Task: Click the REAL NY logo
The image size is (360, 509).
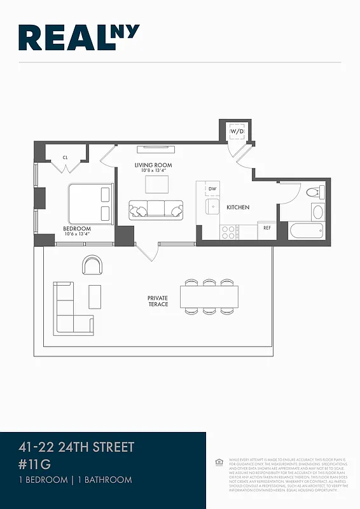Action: coord(80,38)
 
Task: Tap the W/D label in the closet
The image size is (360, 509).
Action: coord(237,131)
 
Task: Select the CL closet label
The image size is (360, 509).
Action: coord(65,157)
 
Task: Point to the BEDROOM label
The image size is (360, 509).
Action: coord(76,229)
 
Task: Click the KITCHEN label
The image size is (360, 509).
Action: coord(239,207)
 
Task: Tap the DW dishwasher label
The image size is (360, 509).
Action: coord(213,188)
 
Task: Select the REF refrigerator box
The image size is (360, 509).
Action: coord(267,228)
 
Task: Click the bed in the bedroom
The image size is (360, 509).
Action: coord(90,203)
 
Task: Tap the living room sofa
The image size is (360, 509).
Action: coord(156,209)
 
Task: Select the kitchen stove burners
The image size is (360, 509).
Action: coord(228,232)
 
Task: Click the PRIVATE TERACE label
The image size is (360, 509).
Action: coord(158,301)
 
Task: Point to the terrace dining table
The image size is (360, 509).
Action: coord(209,296)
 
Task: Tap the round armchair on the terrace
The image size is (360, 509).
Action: coord(92,265)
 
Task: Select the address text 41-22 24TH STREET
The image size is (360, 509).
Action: coord(76,447)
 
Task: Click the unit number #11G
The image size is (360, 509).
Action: coord(34,464)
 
